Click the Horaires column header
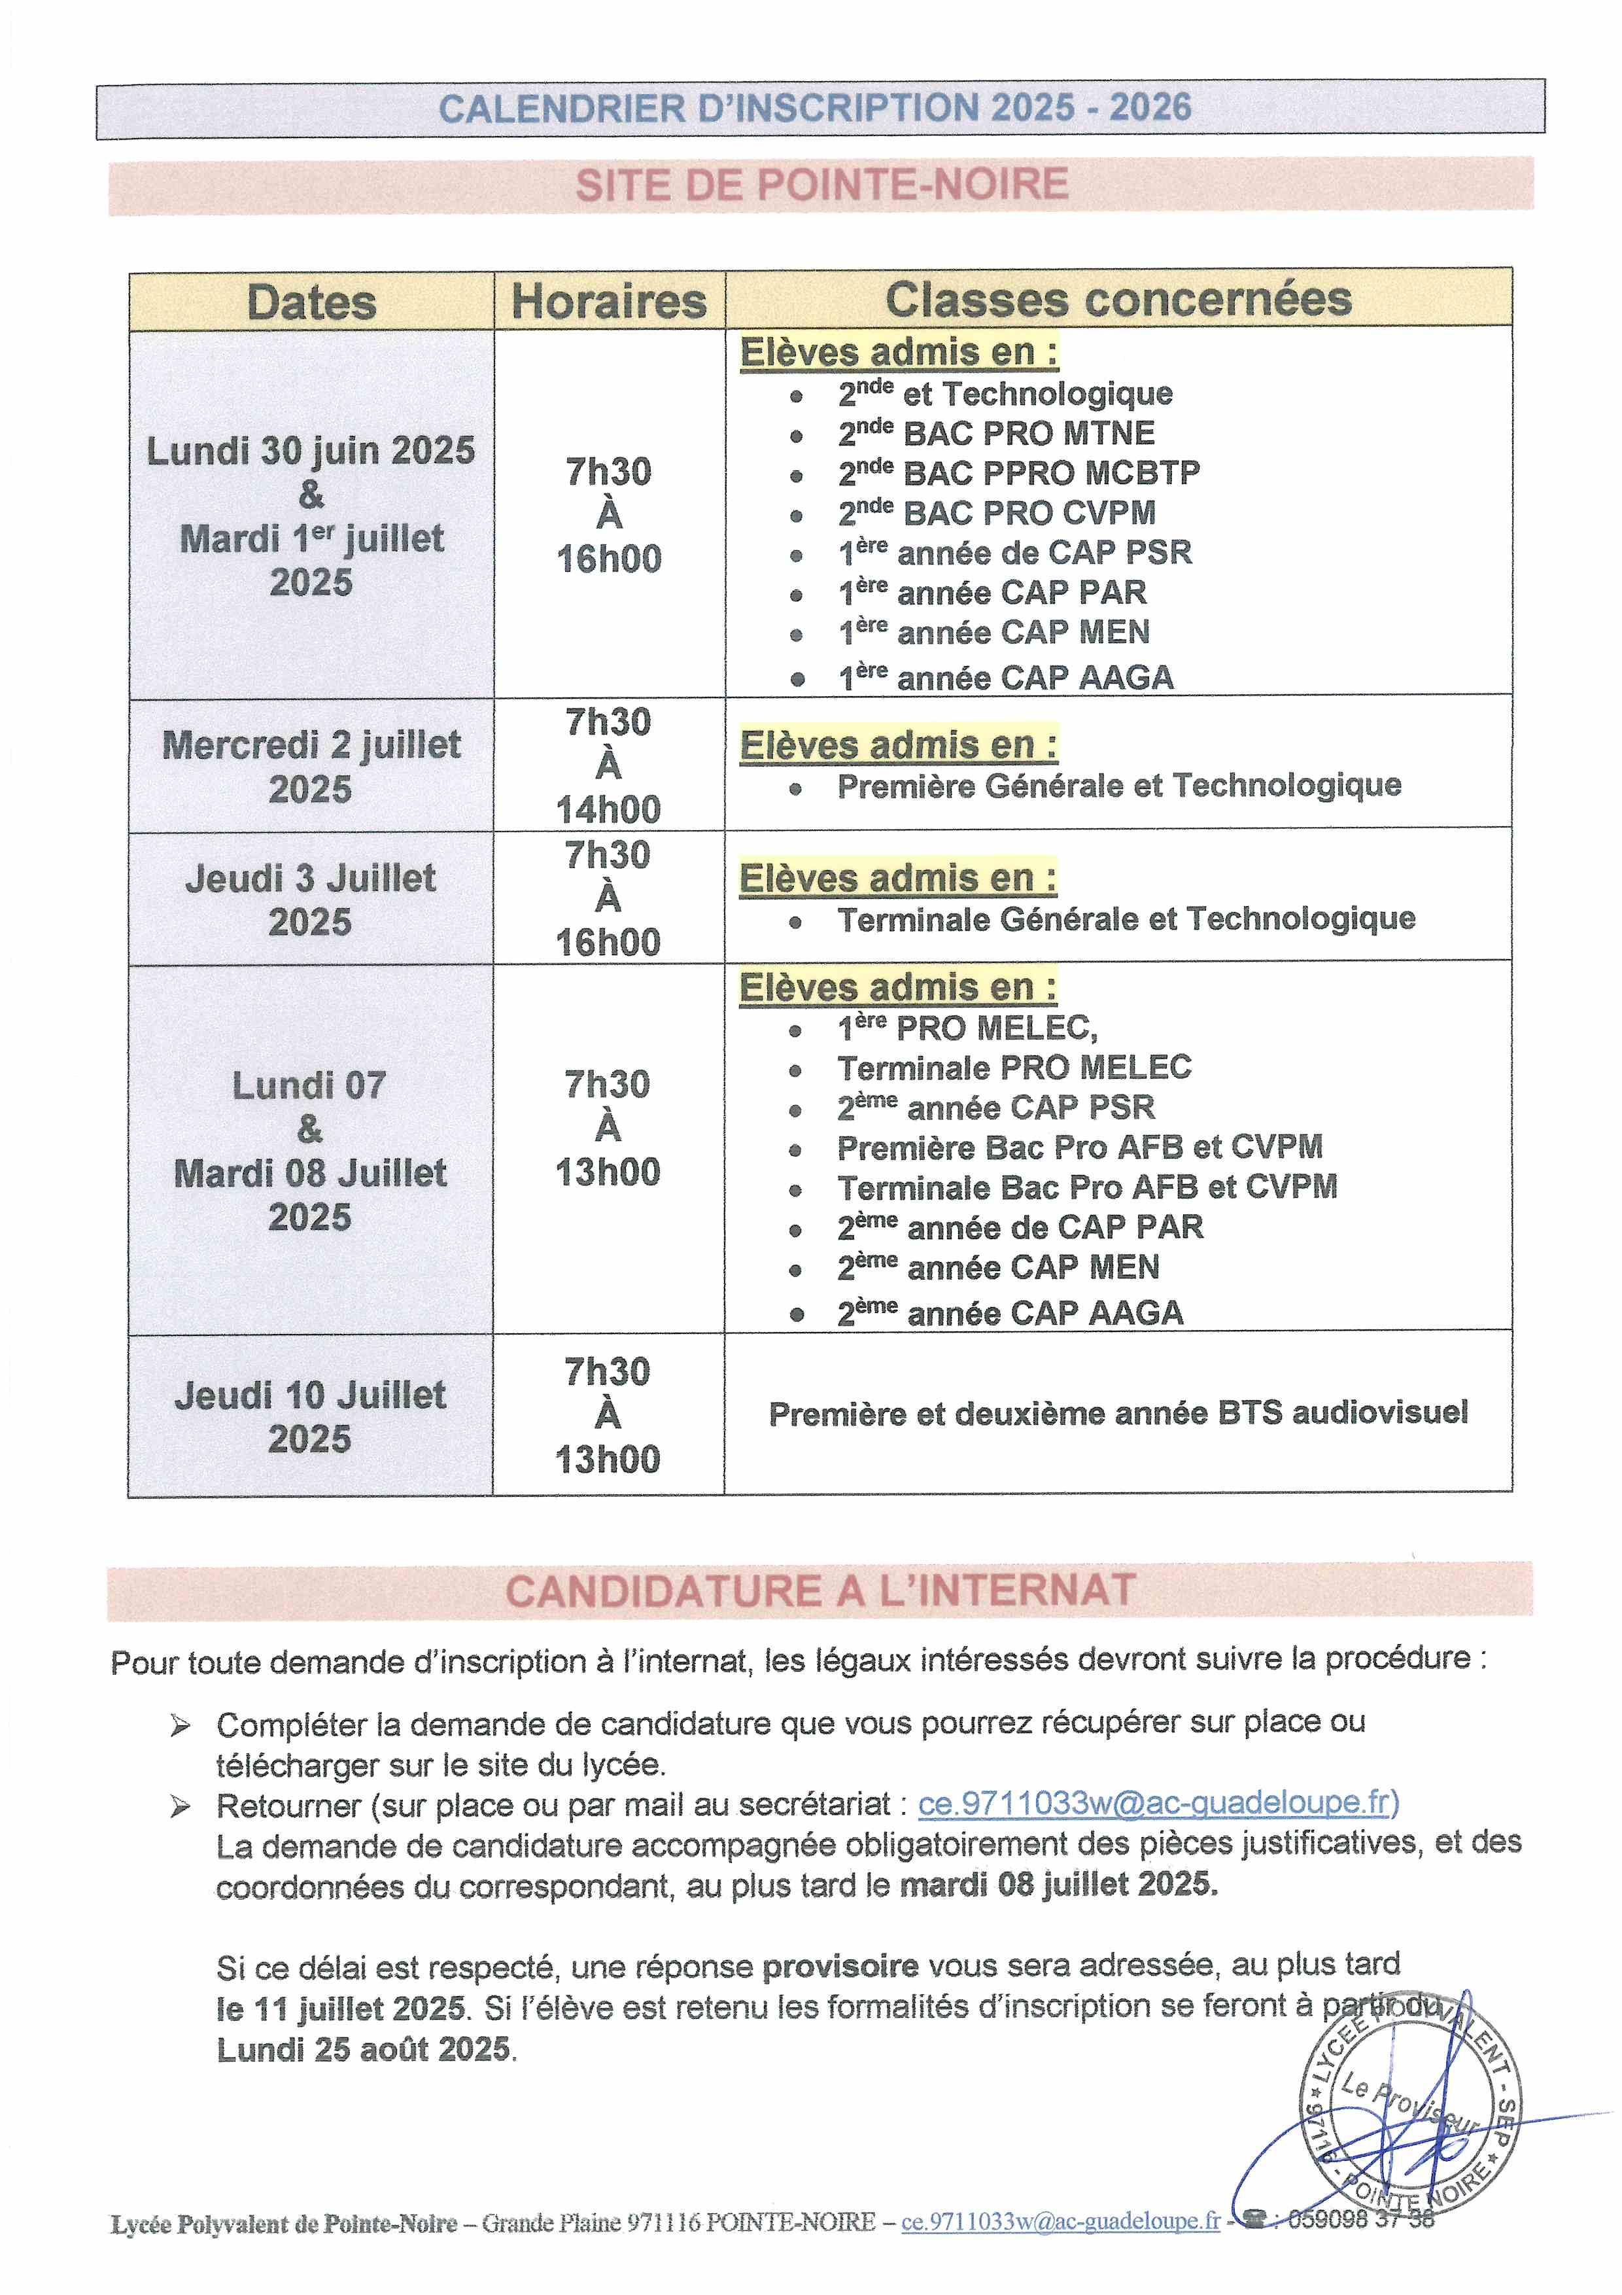coord(609,301)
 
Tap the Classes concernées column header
coord(1118,299)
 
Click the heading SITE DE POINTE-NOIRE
coord(821,185)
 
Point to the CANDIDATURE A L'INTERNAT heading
coord(820,1590)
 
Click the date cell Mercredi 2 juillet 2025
coord(311,767)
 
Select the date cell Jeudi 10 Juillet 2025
coord(310,1416)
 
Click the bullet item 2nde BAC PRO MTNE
coord(995,433)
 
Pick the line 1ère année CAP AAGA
coord(1005,678)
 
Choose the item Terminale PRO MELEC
coord(1013,1068)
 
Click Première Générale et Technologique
coord(1118,786)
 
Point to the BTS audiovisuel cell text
coord(1117,1412)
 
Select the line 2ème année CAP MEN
coord(997,1267)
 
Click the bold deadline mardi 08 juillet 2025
coord(1058,1884)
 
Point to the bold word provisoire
coord(840,1966)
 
